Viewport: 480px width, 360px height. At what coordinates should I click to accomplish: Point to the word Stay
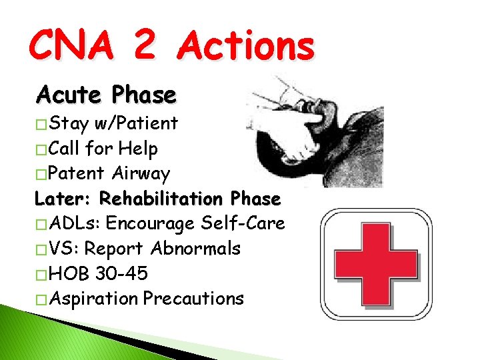(x=70, y=123)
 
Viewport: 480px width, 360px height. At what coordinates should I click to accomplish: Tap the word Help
(x=138, y=149)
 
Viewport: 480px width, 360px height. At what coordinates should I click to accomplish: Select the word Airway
(x=141, y=174)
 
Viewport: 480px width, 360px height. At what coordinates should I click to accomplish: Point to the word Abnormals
(x=195, y=249)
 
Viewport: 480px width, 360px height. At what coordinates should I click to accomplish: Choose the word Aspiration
(x=93, y=299)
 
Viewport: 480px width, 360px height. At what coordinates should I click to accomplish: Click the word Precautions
(x=193, y=299)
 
